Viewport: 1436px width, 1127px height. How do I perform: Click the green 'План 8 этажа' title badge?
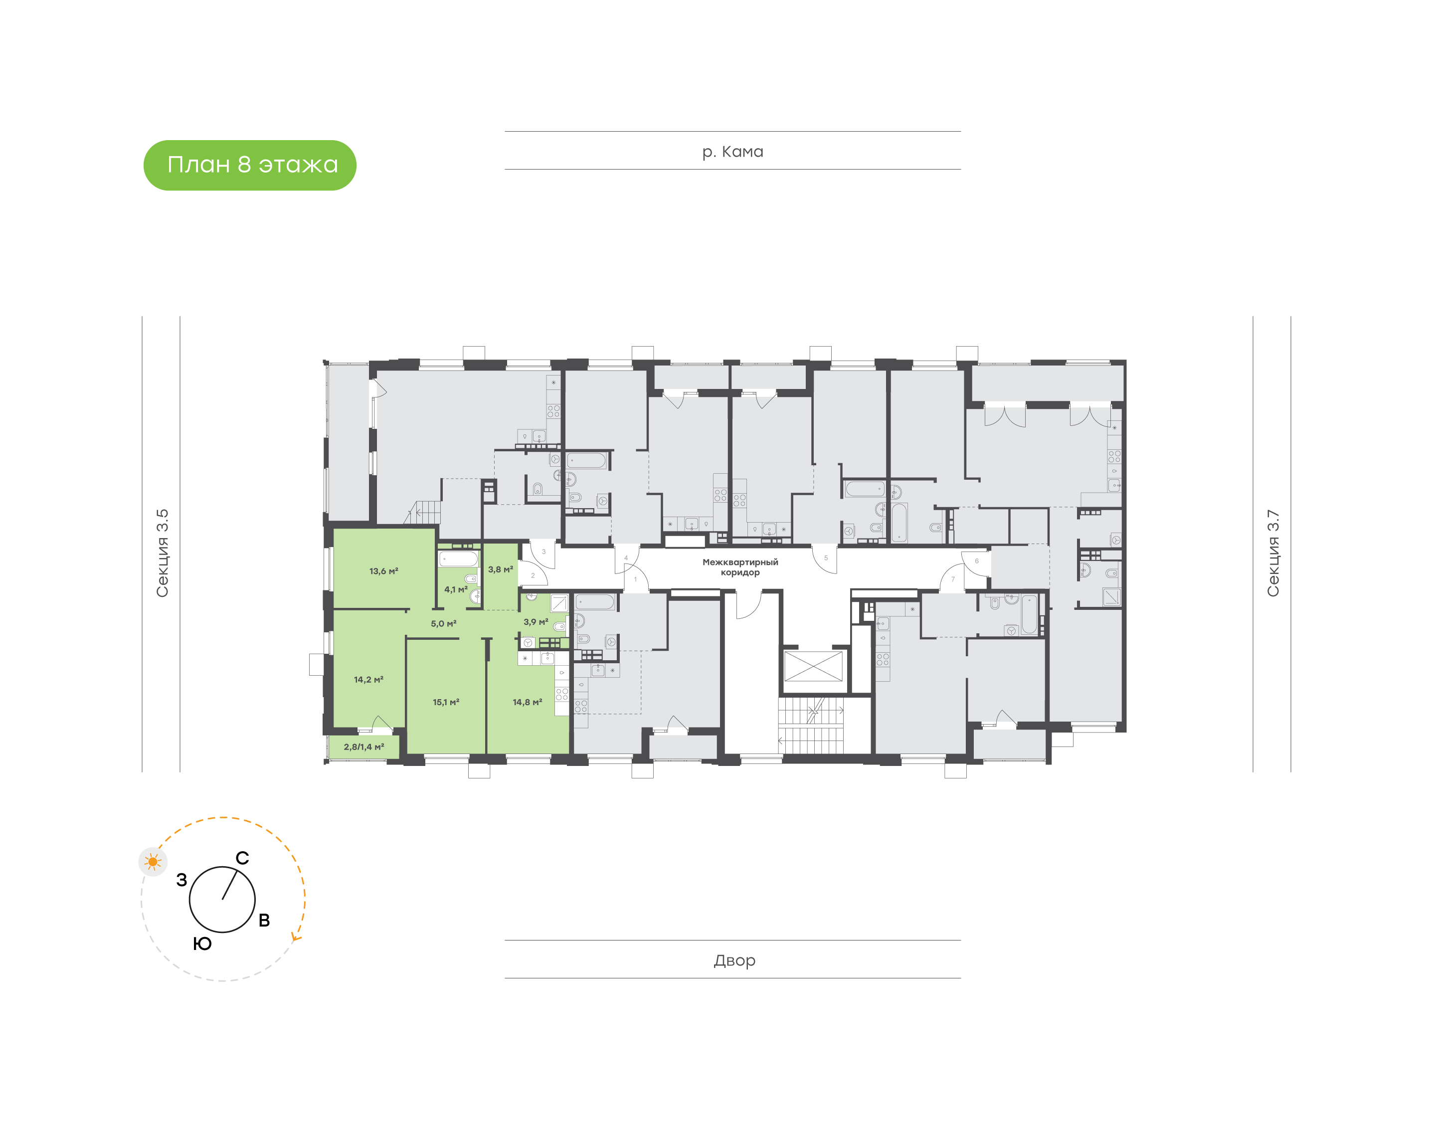249,165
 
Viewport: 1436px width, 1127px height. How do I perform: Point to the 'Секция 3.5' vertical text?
162,553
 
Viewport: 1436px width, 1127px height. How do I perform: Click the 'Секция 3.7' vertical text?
1272,553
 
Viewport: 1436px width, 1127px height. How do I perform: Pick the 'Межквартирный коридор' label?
740,567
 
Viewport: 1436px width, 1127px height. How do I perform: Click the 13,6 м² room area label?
383,571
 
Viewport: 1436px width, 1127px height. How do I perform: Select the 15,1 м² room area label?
446,702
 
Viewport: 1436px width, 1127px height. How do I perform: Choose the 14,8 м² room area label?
527,702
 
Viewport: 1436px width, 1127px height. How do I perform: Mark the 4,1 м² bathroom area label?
455,589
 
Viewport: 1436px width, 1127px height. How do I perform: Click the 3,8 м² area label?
500,569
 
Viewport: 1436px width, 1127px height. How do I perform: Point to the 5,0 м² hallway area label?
443,623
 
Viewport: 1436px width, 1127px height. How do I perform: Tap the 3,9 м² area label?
536,621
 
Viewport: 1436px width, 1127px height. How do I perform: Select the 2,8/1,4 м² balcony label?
363,747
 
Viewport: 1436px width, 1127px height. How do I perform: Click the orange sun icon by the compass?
153,862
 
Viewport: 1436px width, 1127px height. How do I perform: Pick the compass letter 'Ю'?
202,943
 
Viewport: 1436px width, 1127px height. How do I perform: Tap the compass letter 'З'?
181,880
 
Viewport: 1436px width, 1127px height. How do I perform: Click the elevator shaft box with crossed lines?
813,666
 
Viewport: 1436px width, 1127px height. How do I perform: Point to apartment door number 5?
825,558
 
